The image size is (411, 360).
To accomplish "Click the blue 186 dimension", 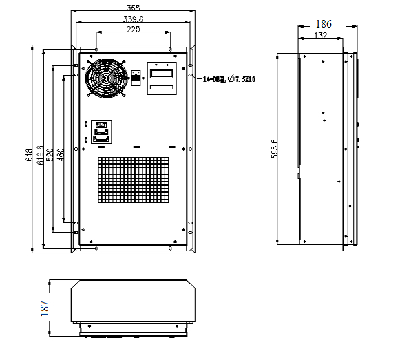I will [x=323, y=23].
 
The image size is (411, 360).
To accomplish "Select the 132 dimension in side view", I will [x=320, y=34].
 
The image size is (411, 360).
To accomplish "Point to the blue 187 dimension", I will [x=45, y=308].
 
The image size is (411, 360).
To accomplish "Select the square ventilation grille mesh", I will [x=133, y=180].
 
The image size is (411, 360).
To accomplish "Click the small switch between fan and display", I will [x=136, y=76].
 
